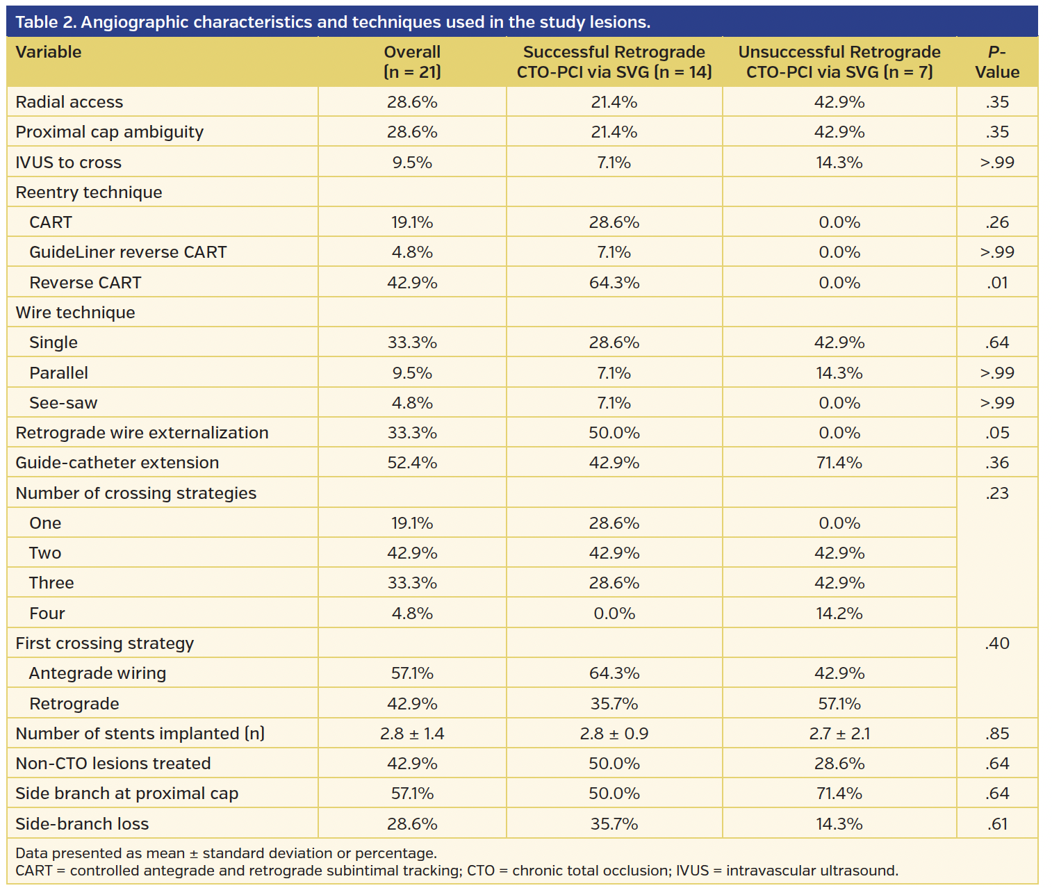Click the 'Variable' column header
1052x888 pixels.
click(x=49, y=52)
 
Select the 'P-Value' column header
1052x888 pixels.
click(x=996, y=62)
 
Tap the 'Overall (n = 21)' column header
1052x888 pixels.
click(x=412, y=62)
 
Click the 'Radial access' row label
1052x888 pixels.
click(x=69, y=102)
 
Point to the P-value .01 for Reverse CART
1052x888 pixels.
click(x=996, y=283)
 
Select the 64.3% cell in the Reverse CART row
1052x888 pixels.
click(x=614, y=283)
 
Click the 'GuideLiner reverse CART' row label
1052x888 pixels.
click(x=128, y=252)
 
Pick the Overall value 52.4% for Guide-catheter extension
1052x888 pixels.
click(x=412, y=463)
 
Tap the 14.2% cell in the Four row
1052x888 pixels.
click(x=839, y=614)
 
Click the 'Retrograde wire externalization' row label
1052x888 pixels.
click(x=142, y=433)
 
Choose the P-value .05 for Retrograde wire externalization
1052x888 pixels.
click(x=996, y=433)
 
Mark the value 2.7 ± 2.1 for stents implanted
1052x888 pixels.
click(x=839, y=734)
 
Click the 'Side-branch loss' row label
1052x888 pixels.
click(x=82, y=824)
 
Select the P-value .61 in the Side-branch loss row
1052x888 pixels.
click(x=996, y=824)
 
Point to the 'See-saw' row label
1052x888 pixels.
click(x=63, y=403)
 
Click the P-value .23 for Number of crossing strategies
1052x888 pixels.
click(x=996, y=493)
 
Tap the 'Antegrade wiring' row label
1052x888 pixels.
click(x=97, y=673)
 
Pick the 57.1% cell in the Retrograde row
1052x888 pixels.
click(x=839, y=704)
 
